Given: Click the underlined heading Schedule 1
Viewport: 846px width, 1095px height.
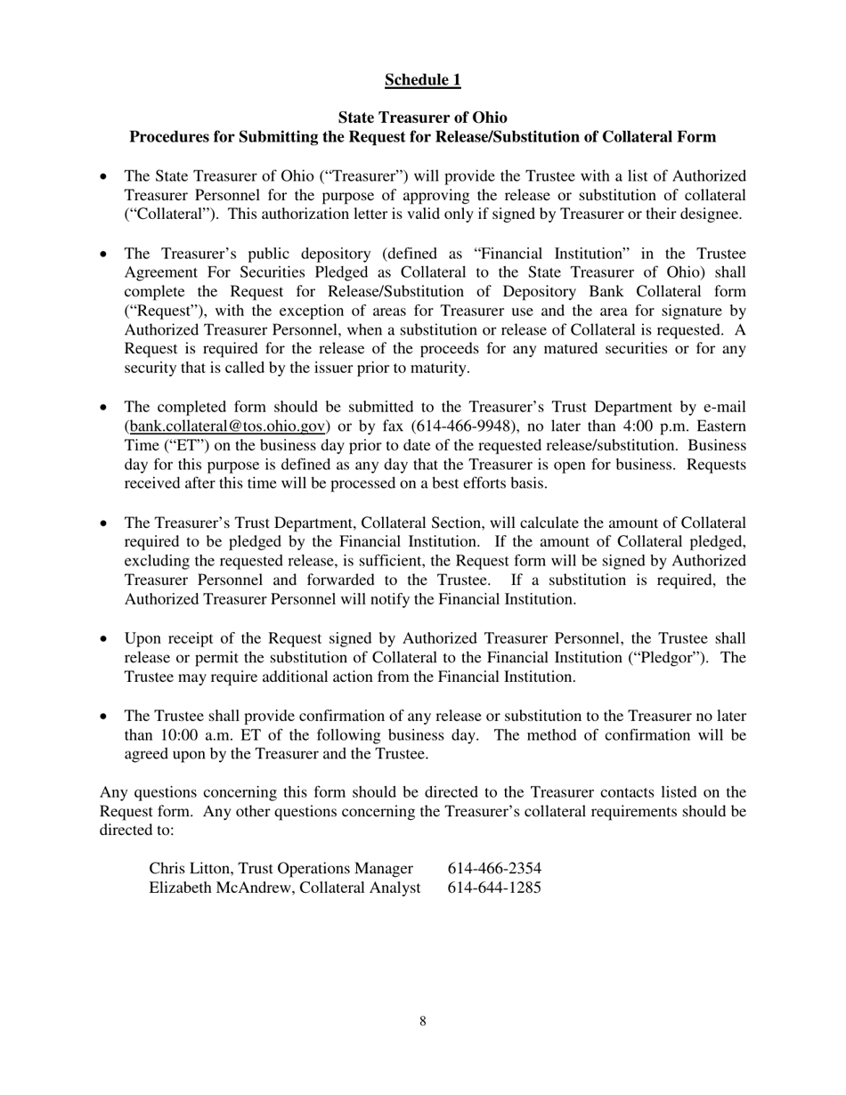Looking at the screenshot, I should coord(422,80).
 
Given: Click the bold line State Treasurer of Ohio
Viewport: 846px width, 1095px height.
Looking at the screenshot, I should coord(422,118).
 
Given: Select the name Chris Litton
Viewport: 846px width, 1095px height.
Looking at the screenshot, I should coord(191,868).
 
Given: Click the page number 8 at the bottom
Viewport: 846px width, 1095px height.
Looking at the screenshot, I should coord(422,1021).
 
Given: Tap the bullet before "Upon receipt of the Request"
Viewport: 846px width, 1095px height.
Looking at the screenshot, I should coord(105,639).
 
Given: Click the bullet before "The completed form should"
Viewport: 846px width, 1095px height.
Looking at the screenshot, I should coord(105,407).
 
